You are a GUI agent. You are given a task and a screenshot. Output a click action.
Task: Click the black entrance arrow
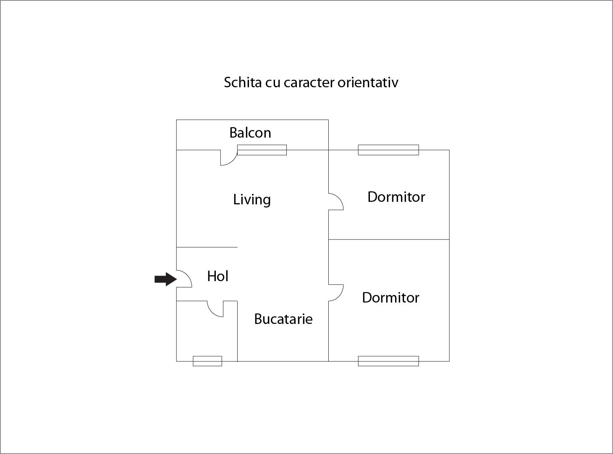point(165,279)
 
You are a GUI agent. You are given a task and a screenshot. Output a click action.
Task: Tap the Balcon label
point(250,133)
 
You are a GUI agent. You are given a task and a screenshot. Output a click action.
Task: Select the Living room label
point(252,200)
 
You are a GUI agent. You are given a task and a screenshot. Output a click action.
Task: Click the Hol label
point(218,276)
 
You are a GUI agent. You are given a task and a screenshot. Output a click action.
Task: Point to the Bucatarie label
point(283,319)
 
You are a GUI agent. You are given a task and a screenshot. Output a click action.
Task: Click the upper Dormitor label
point(396,197)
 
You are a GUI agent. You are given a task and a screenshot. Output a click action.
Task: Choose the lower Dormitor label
point(390,297)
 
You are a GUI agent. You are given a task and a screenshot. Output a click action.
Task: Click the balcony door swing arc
point(229,158)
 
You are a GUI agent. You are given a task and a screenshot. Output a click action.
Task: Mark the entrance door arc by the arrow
point(184,279)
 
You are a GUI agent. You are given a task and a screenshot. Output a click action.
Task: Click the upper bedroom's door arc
point(336,201)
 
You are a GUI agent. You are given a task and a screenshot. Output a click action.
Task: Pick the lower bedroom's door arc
point(336,292)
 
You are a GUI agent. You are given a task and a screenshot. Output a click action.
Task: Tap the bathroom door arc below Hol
point(215,309)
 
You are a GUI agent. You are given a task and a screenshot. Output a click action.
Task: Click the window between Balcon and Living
point(262,150)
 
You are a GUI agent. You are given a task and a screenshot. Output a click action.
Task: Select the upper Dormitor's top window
point(388,150)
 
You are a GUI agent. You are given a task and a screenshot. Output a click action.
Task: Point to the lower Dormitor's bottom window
point(388,361)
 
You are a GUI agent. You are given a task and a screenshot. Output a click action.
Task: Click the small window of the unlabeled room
point(207,361)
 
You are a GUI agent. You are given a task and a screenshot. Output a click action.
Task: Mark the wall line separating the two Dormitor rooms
point(389,239)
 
